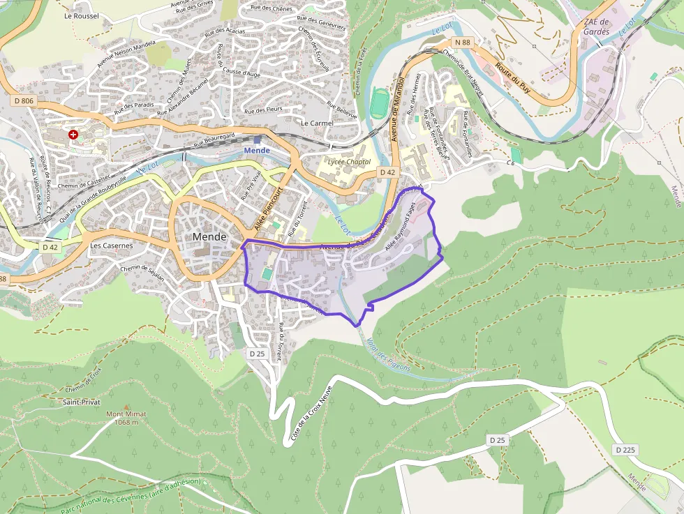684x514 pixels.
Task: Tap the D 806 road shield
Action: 23,101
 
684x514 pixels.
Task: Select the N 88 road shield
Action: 462,43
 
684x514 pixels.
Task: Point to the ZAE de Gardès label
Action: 597,27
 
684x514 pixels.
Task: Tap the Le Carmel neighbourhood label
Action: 316,123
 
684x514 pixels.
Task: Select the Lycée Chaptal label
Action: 350,162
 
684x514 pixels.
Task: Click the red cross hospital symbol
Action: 73,134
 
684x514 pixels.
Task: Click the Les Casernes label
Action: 111,245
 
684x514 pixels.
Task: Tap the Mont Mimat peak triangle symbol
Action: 126,406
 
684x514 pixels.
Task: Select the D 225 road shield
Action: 625,450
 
